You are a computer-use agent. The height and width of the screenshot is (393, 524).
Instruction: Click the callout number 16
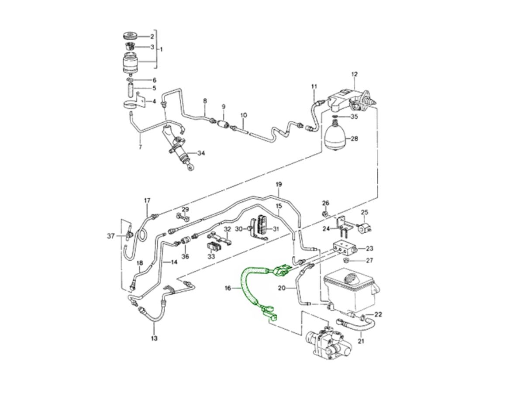(x=228, y=288)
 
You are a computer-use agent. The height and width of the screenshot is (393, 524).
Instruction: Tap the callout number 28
(x=354, y=139)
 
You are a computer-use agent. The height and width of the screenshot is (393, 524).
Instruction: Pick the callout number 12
(x=354, y=74)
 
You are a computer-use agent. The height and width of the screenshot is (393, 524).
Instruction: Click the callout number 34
(x=201, y=153)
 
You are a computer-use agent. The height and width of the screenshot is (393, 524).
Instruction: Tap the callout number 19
(x=279, y=185)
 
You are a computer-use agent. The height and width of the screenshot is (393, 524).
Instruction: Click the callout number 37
(x=110, y=236)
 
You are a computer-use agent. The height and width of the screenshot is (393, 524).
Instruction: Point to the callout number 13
(x=154, y=338)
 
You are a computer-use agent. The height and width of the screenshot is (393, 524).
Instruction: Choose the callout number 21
(x=361, y=341)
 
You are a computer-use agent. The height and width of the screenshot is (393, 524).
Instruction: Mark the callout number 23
(x=369, y=249)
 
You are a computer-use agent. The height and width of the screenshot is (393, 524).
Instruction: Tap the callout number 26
(x=325, y=203)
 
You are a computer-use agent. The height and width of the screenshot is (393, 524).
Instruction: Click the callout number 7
(x=140, y=147)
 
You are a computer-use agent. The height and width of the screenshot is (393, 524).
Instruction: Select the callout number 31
(x=276, y=229)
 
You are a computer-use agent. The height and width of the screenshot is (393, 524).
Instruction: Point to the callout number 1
(x=161, y=49)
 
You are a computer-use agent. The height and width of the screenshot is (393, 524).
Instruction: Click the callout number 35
(x=354, y=117)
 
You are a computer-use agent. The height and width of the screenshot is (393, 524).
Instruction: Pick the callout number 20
(x=282, y=288)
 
